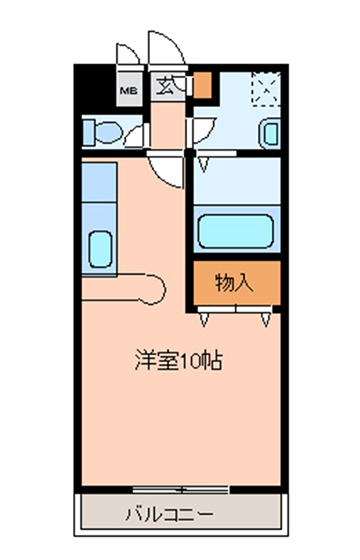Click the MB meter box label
click(x=129, y=91)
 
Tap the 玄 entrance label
click(x=166, y=86)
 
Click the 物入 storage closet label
click(x=234, y=283)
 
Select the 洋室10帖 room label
click(x=179, y=360)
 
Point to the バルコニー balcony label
click(x=170, y=514)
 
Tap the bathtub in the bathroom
click(x=236, y=231)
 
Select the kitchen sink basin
click(x=100, y=249)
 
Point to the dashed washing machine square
click(x=266, y=89)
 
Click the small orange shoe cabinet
click(x=202, y=85)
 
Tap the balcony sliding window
click(x=180, y=490)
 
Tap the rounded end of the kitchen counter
click(x=156, y=289)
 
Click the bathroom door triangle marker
click(x=204, y=165)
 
